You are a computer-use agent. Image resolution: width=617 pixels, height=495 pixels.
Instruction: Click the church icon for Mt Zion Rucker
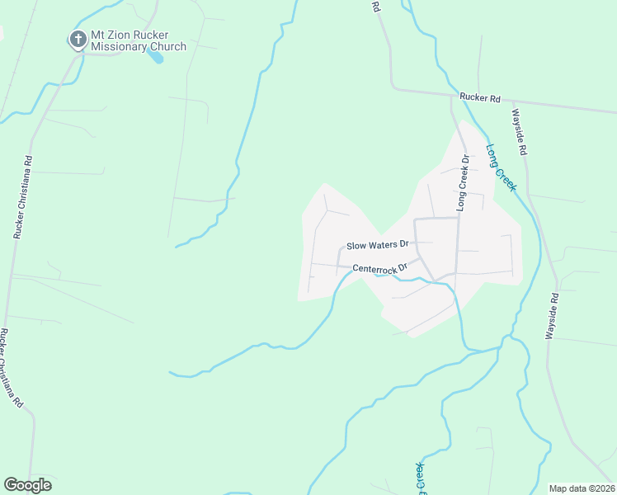tap(78, 39)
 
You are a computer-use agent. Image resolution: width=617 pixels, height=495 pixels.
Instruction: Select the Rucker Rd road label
tap(480, 98)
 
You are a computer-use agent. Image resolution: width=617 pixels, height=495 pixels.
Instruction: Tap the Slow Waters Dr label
tap(378, 245)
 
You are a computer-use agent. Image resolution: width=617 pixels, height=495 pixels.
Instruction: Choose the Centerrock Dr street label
tap(380, 268)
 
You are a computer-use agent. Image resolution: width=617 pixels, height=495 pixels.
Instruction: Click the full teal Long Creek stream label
tap(501, 167)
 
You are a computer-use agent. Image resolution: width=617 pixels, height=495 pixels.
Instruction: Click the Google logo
tap(27, 485)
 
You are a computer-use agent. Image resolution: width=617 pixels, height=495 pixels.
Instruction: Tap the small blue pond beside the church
tap(155, 57)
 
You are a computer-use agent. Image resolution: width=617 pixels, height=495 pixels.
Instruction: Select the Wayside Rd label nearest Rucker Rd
tap(519, 133)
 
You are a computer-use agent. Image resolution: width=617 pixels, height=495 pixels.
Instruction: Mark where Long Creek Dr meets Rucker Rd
tap(452, 96)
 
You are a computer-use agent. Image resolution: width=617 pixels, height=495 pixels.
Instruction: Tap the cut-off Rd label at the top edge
tap(375, 6)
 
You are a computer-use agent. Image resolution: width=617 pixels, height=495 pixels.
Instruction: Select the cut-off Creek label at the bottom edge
tap(419, 479)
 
